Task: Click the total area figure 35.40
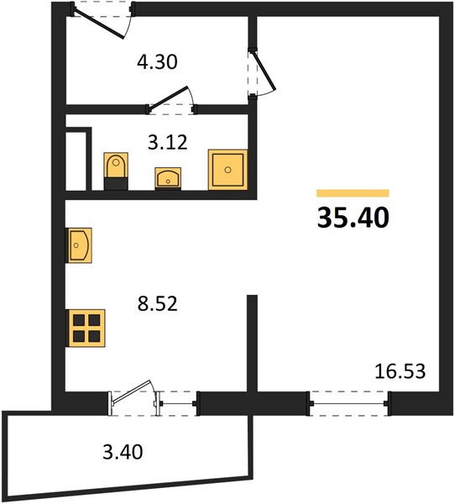click(x=353, y=218)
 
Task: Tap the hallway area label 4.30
click(x=157, y=62)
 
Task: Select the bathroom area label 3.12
click(x=167, y=142)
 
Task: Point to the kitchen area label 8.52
click(x=158, y=304)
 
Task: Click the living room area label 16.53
click(x=400, y=371)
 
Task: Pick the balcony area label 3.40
click(x=123, y=452)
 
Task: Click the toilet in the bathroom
click(x=116, y=171)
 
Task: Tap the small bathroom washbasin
click(x=168, y=178)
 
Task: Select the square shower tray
click(x=227, y=170)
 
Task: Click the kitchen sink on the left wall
click(x=79, y=245)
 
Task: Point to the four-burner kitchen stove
click(x=86, y=328)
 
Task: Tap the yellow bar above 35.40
click(x=353, y=193)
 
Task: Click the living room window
click(x=348, y=403)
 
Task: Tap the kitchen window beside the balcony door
click(x=179, y=404)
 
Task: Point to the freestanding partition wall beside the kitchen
click(x=252, y=343)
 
